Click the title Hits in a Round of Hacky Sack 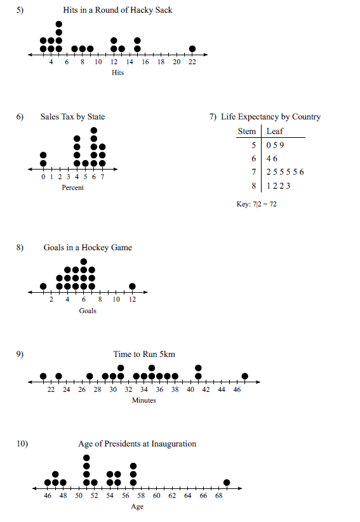point(117,10)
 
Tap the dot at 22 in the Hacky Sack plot point(192,48)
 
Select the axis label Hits point(117,73)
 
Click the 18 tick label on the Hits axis point(161,62)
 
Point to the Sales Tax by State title point(72,117)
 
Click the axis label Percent point(72,188)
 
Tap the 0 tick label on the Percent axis point(43,177)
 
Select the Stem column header point(246,131)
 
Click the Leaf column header point(275,131)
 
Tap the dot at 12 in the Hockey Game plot point(132,286)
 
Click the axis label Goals point(88,311)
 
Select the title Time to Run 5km point(144,354)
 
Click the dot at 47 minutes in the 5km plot point(245,376)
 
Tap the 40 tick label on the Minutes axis point(190,389)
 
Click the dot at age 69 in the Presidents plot point(227,482)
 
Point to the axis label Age point(137,507)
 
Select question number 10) point(22,444)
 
